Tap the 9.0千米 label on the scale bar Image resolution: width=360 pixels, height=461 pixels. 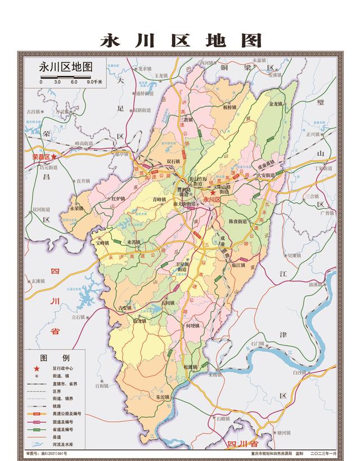point(94,82)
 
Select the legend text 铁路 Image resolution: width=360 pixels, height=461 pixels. point(57,405)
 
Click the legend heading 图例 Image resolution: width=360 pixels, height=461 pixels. point(55,358)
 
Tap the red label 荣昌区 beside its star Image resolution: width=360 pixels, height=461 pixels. point(41,157)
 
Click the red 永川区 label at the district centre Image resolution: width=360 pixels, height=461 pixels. point(212,199)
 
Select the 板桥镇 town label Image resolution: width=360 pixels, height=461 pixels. point(231,106)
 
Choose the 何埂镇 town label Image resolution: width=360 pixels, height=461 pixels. point(192,326)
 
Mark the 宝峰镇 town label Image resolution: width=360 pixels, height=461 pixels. point(103,243)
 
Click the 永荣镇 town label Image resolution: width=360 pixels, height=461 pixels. point(77,208)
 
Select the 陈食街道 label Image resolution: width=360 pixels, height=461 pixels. point(238,222)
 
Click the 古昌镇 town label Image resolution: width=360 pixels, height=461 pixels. point(34,111)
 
